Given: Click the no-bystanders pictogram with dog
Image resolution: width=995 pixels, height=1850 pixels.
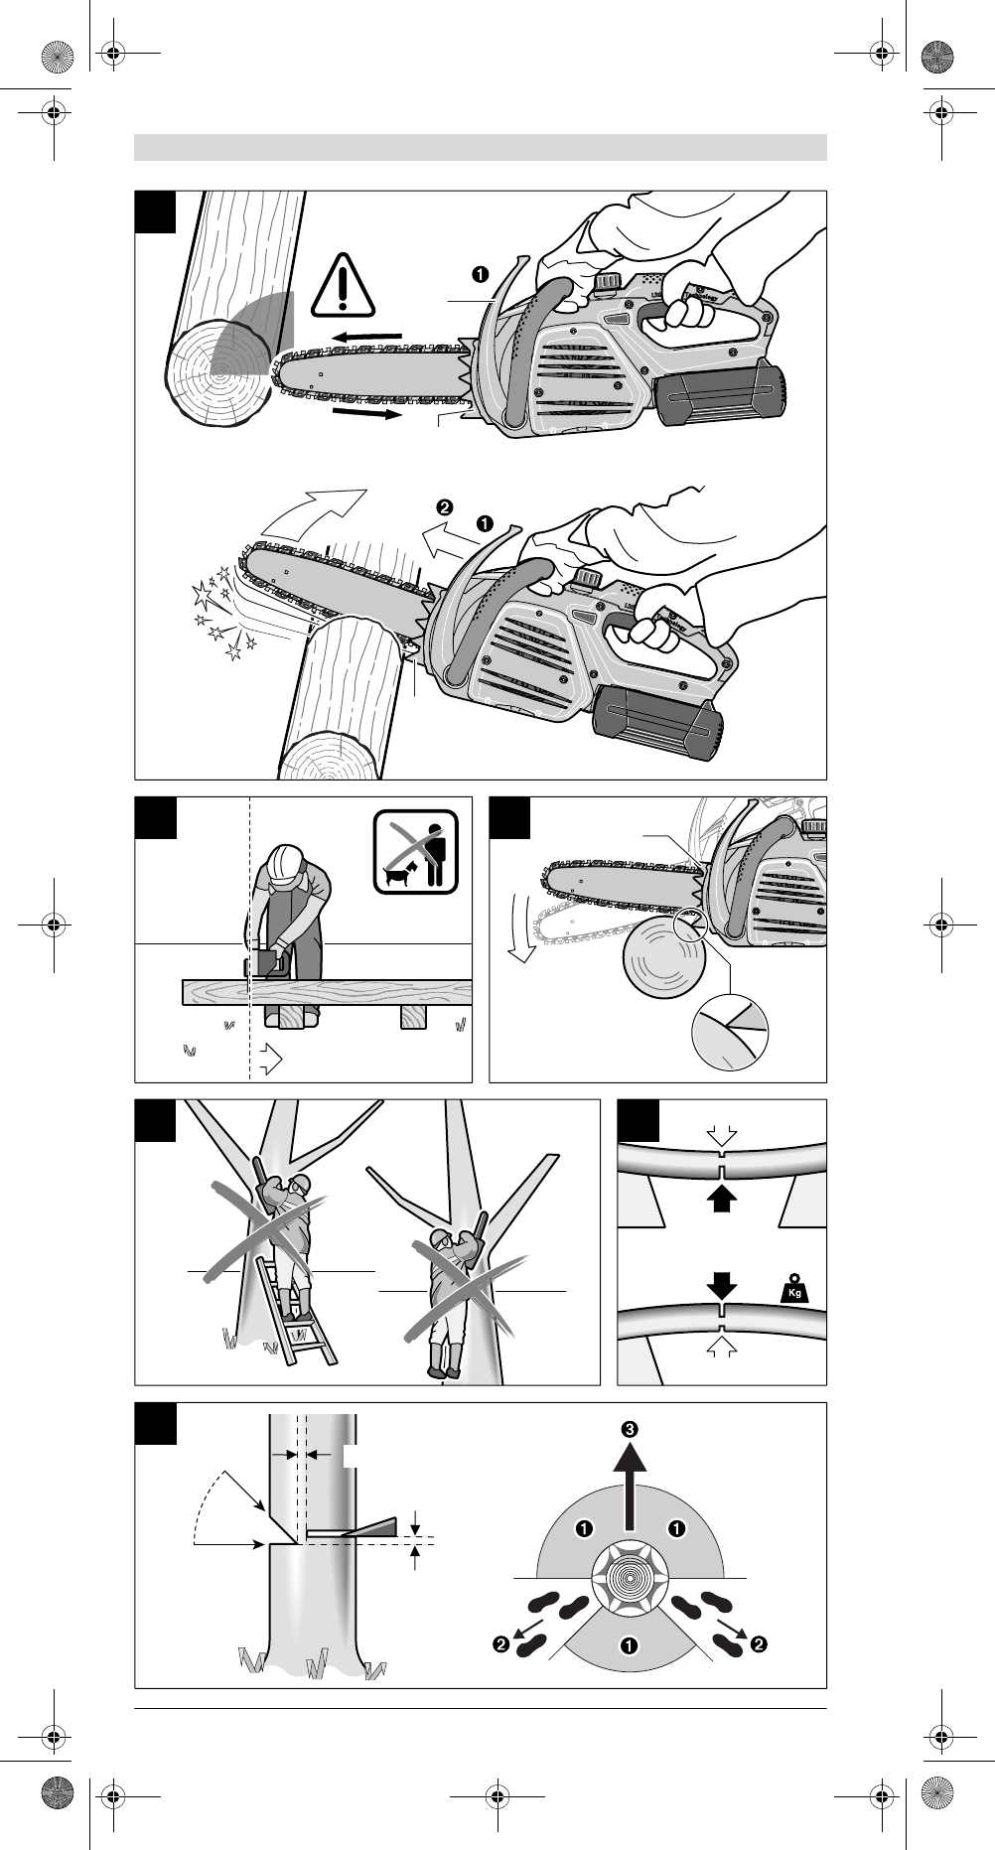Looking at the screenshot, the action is pyautogui.click(x=416, y=852).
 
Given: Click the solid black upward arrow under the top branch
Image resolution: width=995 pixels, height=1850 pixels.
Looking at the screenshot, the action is pyautogui.click(x=722, y=1200).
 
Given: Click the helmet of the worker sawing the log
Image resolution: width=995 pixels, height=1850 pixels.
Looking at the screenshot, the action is pyautogui.click(x=286, y=862).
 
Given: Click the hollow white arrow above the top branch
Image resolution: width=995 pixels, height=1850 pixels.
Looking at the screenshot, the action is pyautogui.click(x=722, y=1134).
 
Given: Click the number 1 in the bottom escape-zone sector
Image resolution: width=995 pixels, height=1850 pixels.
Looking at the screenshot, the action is pyautogui.click(x=629, y=1646).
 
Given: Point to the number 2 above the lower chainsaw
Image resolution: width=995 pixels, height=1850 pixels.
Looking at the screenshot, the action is pyautogui.click(x=444, y=505).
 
